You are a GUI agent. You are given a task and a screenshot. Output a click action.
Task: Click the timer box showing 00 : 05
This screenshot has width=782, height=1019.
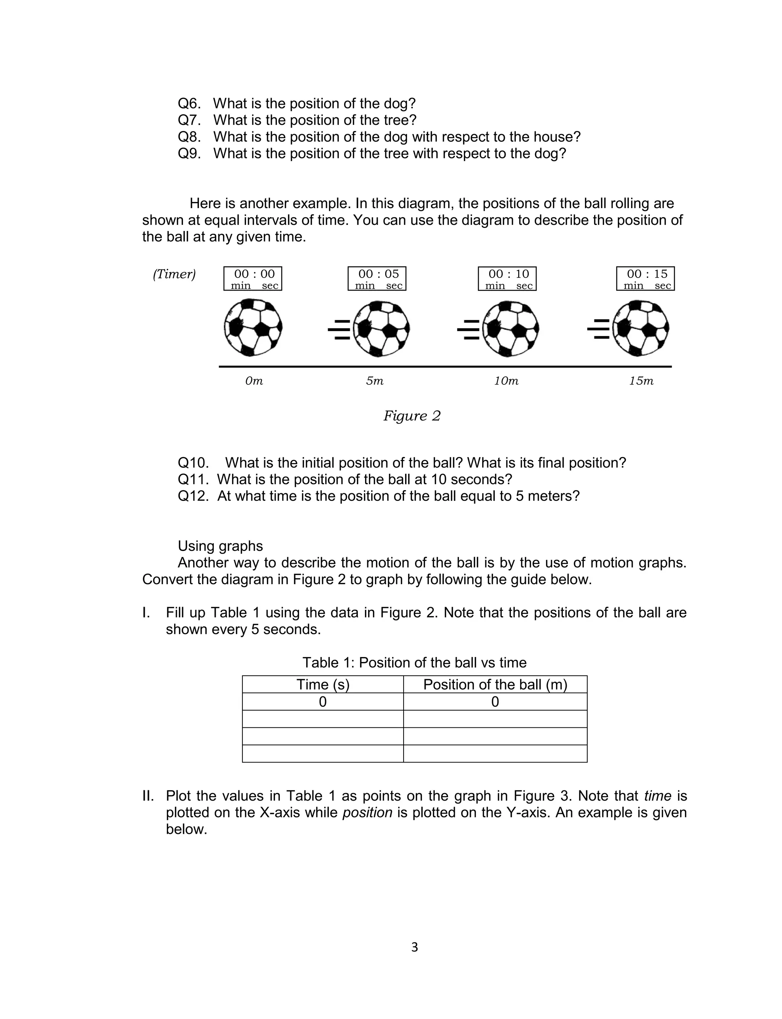pyautogui.click(x=376, y=278)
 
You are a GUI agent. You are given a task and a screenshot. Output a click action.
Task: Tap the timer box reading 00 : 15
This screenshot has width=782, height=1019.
pyautogui.click(x=645, y=278)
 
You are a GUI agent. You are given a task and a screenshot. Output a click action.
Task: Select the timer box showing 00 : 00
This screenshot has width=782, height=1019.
pyautogui.click(x=253, y=278)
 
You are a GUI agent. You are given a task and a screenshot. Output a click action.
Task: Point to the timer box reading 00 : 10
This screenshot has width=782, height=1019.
pyautogui.click(x=507, y=278)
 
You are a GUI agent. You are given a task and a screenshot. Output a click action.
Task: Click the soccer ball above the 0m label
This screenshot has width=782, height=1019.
pyautogui.click(x=253, y=328)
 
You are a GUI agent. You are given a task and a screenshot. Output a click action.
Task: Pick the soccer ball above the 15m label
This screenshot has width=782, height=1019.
pyautogui.click(x=641, y=328)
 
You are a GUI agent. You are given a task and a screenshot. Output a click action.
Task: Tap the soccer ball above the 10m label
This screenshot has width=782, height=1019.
pyautogui.click(x=511, y=328)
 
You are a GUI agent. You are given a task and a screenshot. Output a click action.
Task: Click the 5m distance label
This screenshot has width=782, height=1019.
pyautogui.click(x=375, y=381)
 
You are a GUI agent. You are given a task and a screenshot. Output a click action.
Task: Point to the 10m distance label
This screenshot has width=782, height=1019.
pyautogui.click(x=506, y=381)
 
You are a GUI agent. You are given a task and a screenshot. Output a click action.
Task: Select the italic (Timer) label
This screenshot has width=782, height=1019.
pyautogui.click(x=174, y=274)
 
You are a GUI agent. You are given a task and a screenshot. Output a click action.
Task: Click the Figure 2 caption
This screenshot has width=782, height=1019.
pyautogui.click(x=412, y=415)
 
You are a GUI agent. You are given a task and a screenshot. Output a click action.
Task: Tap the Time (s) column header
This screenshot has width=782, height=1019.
pyautogui.click(x=323, y=685)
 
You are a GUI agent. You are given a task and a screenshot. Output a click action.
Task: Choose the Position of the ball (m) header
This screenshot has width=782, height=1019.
pyautogui.click(x=495, y=685)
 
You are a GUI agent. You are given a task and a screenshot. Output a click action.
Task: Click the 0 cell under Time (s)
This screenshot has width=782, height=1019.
pyautogui.click(x=323, y=702)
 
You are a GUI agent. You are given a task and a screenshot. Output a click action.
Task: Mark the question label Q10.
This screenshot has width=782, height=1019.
pyautogui.click(x=193, y=463)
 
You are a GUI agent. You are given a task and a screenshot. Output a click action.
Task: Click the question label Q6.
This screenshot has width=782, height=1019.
pyautogui.click(x=189, y=103)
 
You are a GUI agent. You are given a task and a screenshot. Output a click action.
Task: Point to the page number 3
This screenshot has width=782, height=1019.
pyautogui.click(x=414, y=947)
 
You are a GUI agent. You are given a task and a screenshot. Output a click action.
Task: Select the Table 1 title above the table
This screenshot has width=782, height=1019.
pyautogui.click(x=414, y=662)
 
